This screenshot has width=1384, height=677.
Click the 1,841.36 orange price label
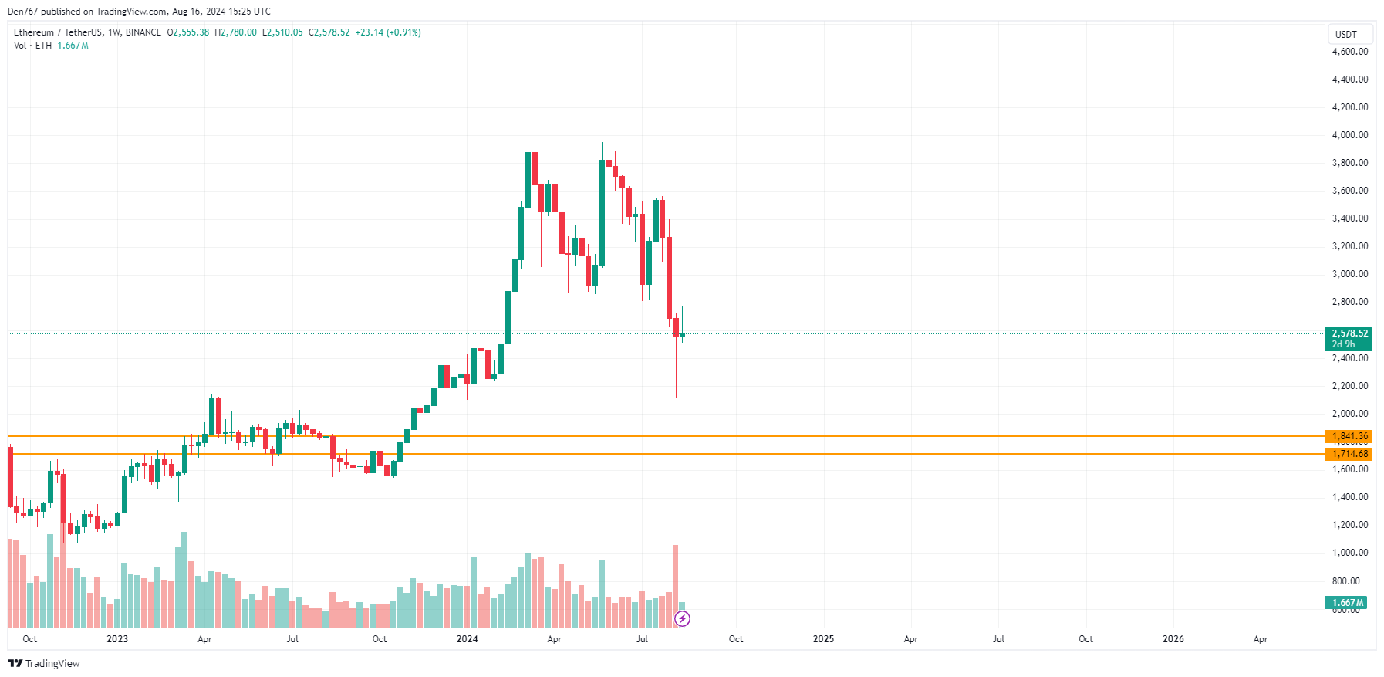pyautogui.click(x=1349, y=436)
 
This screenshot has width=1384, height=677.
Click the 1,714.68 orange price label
pyautogui.click(x=1349, y=454)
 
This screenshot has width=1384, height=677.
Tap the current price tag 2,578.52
pyautogui.click(x=1349, y=334)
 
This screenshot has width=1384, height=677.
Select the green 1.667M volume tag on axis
pyautogui.click(x=1347, y=603)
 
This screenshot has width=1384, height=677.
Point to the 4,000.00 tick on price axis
pyautogui.click(x=1349, y=135)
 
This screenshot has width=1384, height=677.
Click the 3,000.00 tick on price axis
pyautogui.click(x=1349, y=274)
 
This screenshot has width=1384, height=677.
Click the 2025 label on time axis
pyautogui.click(x=823, y=639)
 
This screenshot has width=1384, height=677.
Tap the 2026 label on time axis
pyautogui.click(x=1173, y=639)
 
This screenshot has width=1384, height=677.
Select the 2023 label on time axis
pyautogui.click(x=117, y=639)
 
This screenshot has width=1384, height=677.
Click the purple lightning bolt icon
pyautogui.click(x=682, y=618)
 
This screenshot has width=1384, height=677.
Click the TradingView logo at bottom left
pyautogui.click(x=44, y=663)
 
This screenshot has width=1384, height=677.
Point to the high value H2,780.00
pyautogui.click(x=235, y=32)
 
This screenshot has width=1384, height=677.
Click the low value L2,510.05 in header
pyautogui.click(x=282, y=32)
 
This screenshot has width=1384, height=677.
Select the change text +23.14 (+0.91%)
pyautogui.click(x=388, y=32)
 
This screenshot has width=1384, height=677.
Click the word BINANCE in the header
pyautogui.click(x=143, y=32)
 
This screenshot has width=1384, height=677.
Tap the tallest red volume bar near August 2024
pyautogui.click(x=676, y=587)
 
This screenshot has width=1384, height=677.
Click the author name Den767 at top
pyautogui.click(x=22, y=12)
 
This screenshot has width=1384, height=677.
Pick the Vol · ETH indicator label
pyautogui.click(x=32, y=46)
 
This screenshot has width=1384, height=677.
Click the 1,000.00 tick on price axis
pyautogui.click(x=1349, y=553)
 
